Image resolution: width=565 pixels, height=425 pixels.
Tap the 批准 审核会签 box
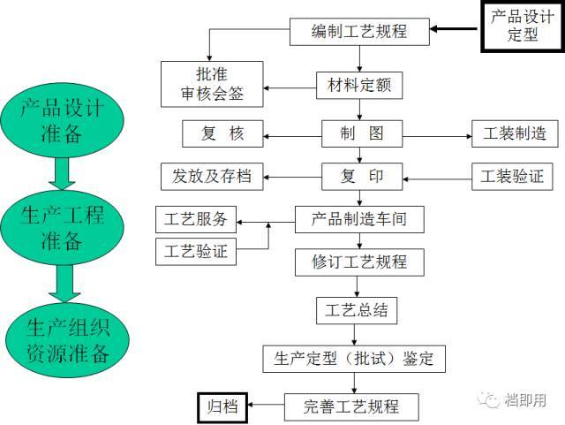point(213,84)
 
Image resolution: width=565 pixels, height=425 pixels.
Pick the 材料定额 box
point(359,86)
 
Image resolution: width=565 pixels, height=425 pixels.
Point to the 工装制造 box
point(513,134)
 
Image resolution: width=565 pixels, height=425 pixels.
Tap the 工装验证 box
point(513,176)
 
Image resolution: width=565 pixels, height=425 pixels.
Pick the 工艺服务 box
point(195,219)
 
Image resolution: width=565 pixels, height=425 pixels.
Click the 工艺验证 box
point(195,251)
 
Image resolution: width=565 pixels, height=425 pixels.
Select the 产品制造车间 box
point(359,218)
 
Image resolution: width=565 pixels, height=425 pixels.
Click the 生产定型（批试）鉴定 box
point(353,360)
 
